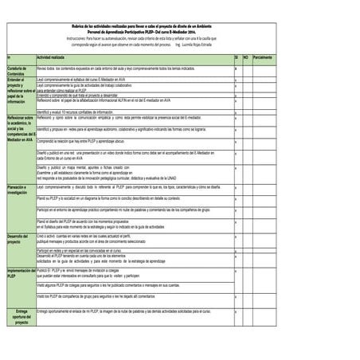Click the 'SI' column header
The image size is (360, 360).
(x=237, y=58)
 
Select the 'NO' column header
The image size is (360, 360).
(x=246, y=58)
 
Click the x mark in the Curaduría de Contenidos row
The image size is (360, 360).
(x=236, y=69)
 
